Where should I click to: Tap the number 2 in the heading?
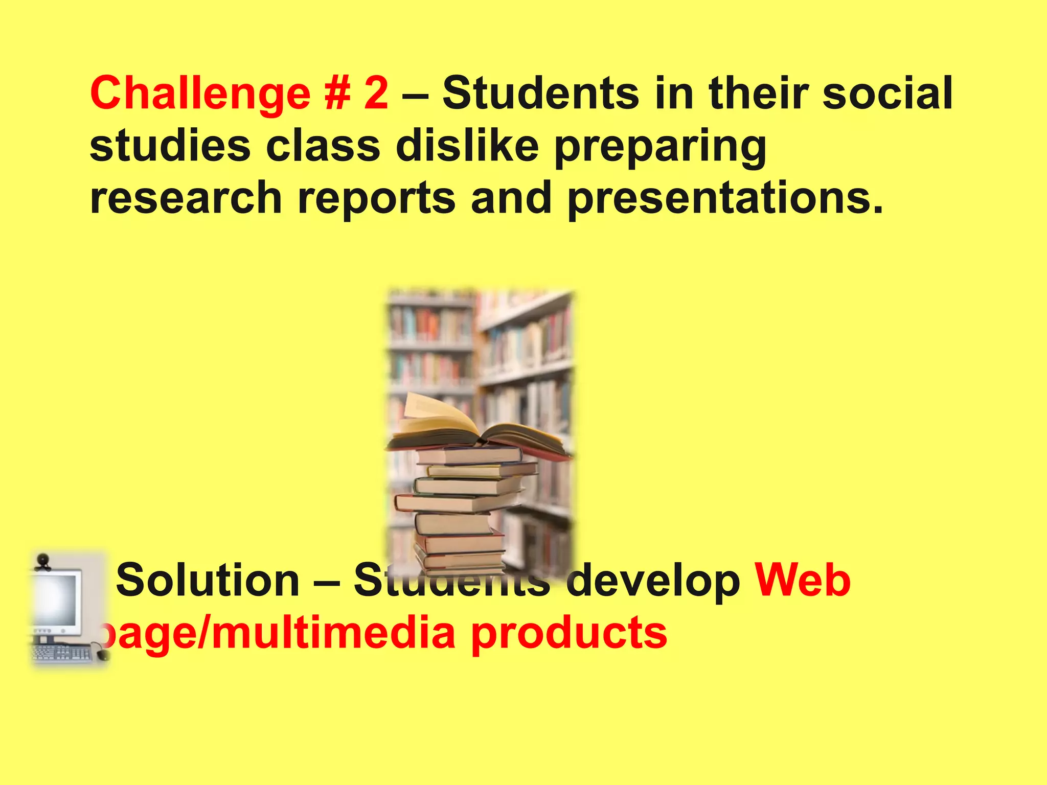tap(376, 93)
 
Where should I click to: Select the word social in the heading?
tap(887, 93)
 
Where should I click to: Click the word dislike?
tap(467, 146)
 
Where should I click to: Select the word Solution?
tap(208, 581)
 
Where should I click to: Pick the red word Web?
tap(803, 581)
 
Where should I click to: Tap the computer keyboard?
tap(61, 653)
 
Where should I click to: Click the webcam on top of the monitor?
tap(43, 562)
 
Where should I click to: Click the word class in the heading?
tap(323, 146)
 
